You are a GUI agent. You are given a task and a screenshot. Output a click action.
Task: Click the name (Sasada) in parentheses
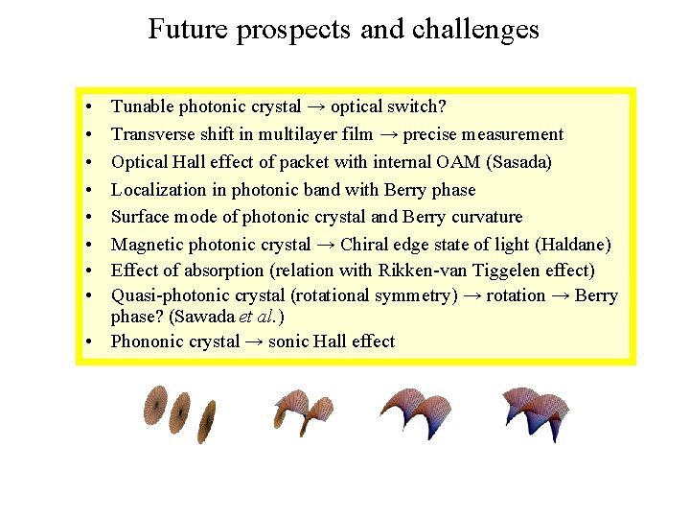[x=519, y=162]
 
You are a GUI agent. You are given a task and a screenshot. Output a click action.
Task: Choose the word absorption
[x=210, y=271]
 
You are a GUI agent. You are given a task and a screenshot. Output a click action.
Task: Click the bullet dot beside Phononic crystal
[x=87, y=341]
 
